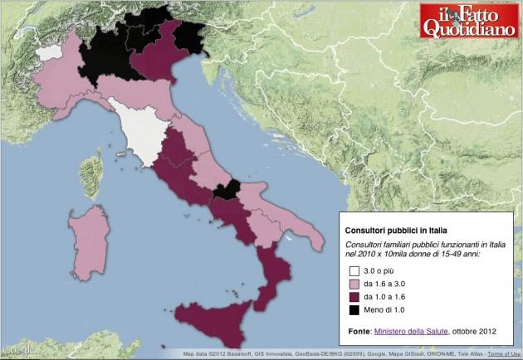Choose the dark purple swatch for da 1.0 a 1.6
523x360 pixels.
point(354,297)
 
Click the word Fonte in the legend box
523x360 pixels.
point(358,331)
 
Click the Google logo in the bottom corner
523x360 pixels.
point(17,350)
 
